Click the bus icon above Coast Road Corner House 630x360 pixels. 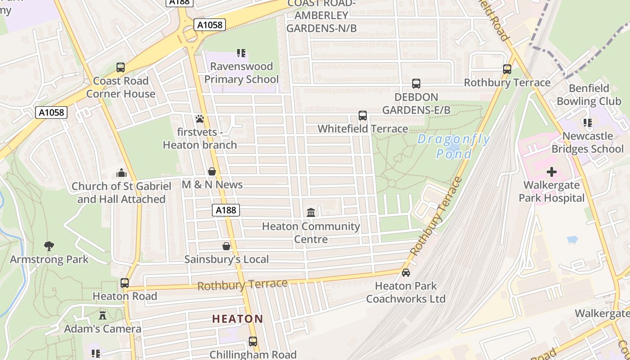(x=120, y=67)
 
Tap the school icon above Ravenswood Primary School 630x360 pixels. (x=241, y=53)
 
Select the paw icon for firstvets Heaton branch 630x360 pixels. (x=200, y=119)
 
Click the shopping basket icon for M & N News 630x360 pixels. (x=212, y=171)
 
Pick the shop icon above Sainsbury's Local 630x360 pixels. (x=226, y=246)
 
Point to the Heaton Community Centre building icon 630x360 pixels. (x=311, y=212)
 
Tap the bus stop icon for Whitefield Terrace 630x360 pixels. (x=363, y=116)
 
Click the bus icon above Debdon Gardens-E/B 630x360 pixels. (x=416, y=84)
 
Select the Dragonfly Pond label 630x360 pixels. (x=454, y=146)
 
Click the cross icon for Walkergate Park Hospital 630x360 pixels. (x=551, y=172)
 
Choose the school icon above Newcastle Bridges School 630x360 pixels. (x=587, y=122)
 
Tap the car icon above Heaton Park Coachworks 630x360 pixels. (x=405, y=273)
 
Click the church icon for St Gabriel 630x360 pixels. (x=121, y=173)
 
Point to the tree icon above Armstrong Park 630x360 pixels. (x=49, y=246)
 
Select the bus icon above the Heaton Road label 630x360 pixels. (x=125, y=283)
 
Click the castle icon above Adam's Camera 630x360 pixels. (x=103, y=315)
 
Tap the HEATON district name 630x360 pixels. (x=238, y=319)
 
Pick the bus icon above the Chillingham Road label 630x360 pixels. (x=253, y=342)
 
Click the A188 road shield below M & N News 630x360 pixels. (x=226, y=210)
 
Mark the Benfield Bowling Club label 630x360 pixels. (x=589, y=94)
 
